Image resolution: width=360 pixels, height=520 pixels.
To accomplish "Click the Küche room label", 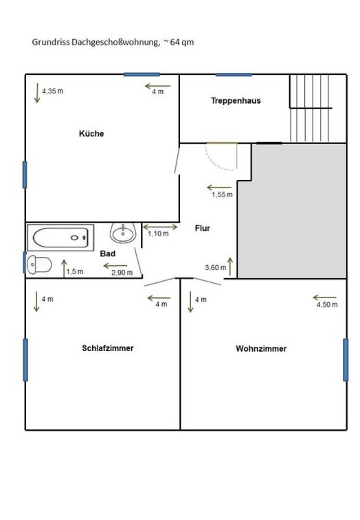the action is [91, 134].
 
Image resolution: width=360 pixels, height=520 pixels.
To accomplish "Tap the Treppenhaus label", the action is [236, 101].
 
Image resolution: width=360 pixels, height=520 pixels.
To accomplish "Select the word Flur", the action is [203, 228].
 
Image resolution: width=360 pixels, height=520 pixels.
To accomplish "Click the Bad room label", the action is [108, 253].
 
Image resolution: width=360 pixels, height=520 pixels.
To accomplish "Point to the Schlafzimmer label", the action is [108, 348].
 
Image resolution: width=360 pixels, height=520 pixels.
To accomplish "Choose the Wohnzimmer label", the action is [261, 348].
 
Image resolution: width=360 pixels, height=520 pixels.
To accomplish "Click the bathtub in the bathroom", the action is [60, 238].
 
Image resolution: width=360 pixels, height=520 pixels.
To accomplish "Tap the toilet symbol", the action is [39, 264].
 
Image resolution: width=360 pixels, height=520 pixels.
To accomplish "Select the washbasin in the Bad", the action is [123, 233].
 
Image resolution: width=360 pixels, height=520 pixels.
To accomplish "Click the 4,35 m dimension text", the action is [52, 91].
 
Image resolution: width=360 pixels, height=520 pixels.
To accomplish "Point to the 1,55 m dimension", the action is [223, 194].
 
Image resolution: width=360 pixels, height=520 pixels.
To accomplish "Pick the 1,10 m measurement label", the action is [158, 234].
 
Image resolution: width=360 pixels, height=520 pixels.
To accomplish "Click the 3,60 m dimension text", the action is [216, 268].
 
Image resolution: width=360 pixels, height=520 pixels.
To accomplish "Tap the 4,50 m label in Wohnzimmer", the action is [327, 304].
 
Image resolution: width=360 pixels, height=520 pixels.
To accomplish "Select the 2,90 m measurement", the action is [122, 273].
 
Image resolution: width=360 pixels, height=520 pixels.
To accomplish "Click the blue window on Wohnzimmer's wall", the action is [346, 360].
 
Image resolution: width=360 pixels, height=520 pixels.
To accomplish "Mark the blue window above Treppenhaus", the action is [234, 75].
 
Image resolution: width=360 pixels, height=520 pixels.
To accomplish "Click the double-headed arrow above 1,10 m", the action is [160, 227].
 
